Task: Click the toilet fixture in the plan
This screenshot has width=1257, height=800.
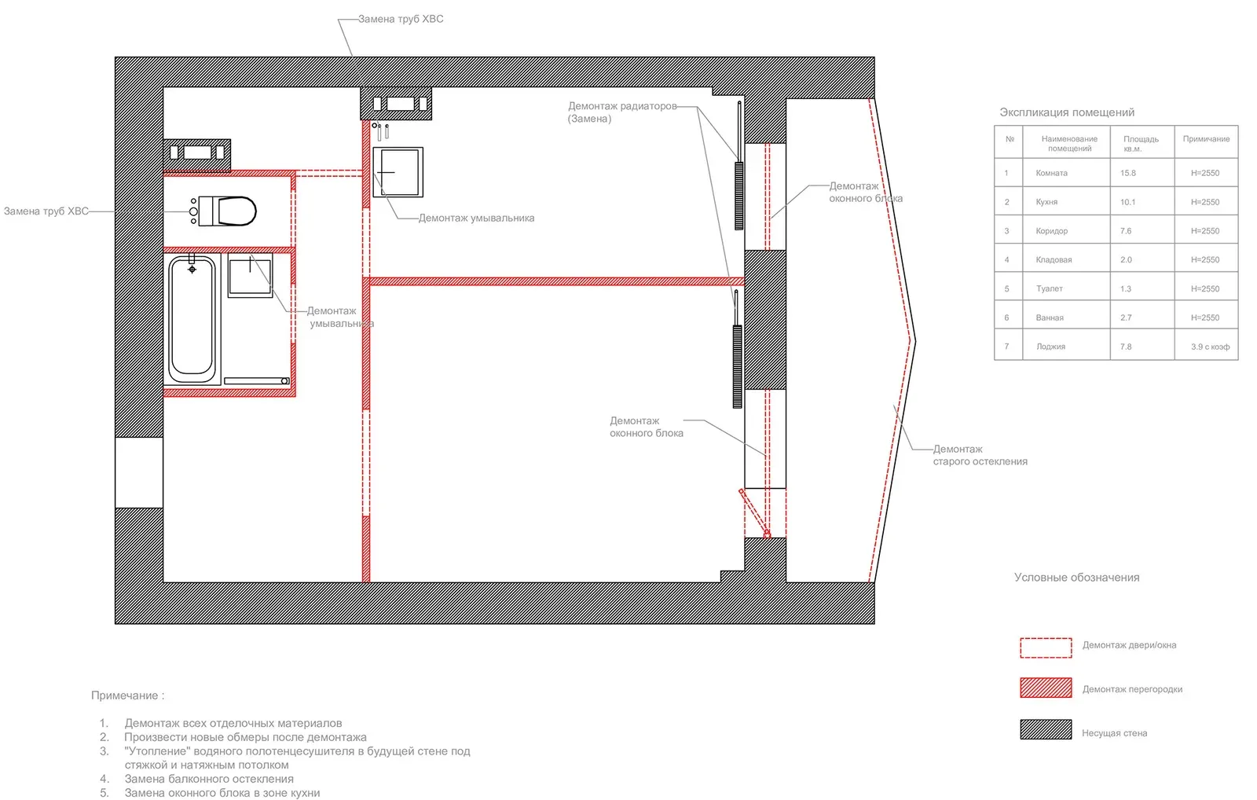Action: [x=229, y=211]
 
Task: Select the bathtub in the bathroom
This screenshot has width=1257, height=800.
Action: [x=192, y=318]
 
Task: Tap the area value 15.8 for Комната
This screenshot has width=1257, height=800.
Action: [x=1128, y=173]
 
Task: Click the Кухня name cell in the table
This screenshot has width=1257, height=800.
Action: [x=1047, y=202]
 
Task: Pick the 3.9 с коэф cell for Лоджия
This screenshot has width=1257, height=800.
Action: [x=1209, y=347]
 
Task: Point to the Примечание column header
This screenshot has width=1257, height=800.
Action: [x=1206, y=139]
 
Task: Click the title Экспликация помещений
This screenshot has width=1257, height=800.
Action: [x=1066, y=112]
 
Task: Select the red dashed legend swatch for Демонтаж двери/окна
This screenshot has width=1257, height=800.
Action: [x=1045, y=647]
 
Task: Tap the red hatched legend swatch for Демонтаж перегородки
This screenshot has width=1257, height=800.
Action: [x=1045, y=688]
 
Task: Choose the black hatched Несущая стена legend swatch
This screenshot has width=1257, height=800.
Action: [x=1045, y=729]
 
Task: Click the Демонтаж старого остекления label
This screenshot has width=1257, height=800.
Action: [x=979, y=455]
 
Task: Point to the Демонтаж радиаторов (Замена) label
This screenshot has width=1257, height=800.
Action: [x=621, y=112]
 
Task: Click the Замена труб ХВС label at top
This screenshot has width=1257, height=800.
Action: [x=400, y=19]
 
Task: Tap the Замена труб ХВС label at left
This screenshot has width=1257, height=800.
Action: [x=46, y=211]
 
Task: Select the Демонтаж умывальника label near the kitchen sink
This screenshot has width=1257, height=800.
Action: [x=475, y=218]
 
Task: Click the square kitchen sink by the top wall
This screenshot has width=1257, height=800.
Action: [x=398, y=171]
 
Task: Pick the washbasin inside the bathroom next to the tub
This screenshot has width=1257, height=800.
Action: [x=250, y=275]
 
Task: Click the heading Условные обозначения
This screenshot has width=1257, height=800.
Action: [x=1076, y=577]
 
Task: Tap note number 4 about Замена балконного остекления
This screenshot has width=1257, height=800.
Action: [x=208, y=779]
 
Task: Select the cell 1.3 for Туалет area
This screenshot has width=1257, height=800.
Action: [x=1126, y=288]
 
